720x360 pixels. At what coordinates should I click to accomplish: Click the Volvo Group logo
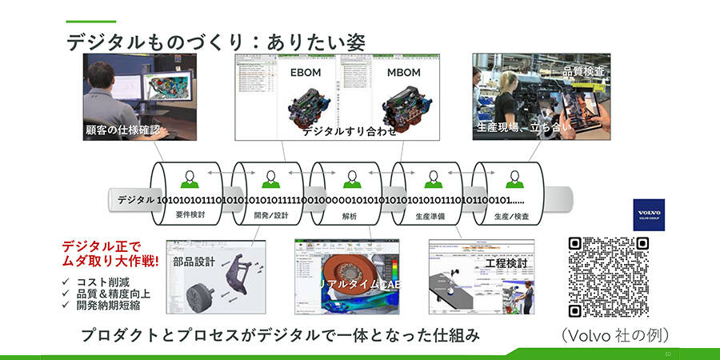(x=645, y=214)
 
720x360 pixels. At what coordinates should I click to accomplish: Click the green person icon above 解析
(x=350, y=178)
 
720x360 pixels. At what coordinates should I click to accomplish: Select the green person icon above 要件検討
(x=190, y=178)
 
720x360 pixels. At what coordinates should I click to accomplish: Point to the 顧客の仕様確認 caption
(x=122, y=130)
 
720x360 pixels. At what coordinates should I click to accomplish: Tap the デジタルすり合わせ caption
(x=349, y=131)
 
